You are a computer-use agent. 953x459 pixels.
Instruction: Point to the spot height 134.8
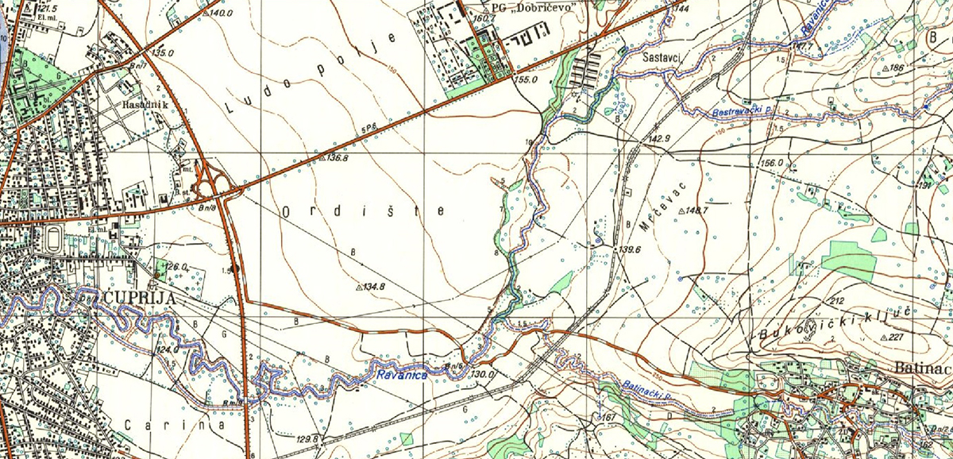(x=373, y=286)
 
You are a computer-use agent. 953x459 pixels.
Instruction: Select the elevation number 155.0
(x=526, y=80)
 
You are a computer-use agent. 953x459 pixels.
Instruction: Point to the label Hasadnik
(x=140, y=104)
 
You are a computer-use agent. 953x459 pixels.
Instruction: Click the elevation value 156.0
(x=772, y=163)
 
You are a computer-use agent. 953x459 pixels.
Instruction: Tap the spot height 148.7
(x=694, y=210)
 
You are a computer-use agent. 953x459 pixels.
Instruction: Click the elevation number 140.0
(x=221, y=13)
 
